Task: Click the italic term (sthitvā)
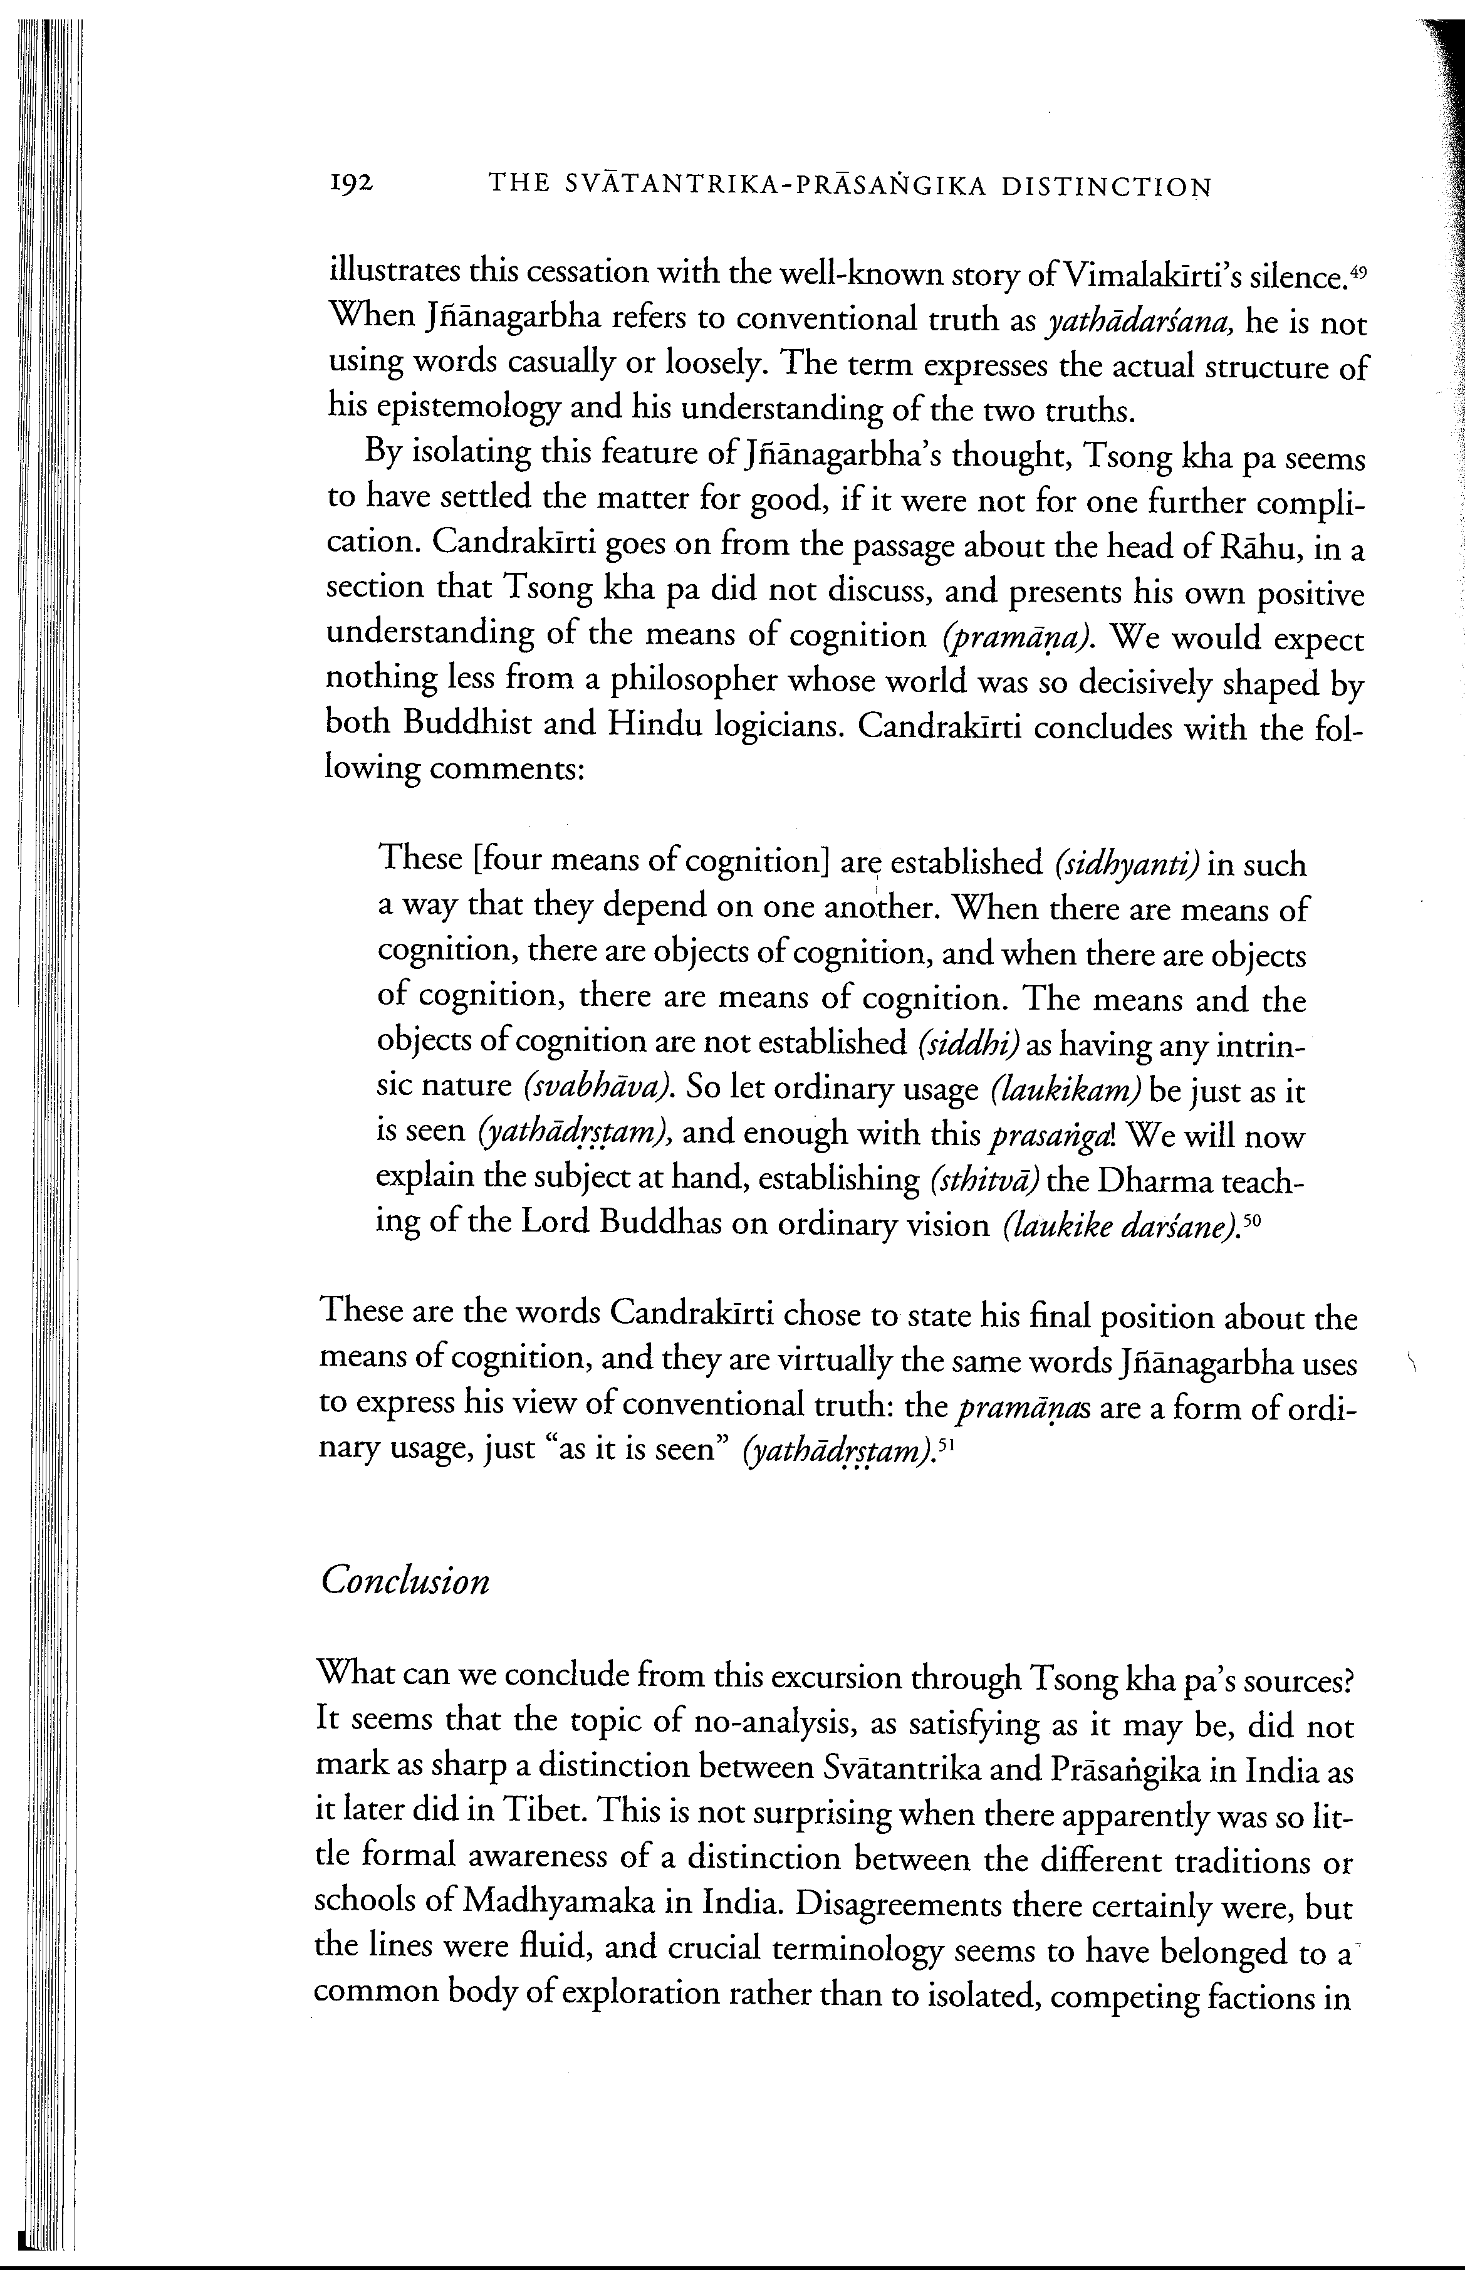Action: tap(984, 1181)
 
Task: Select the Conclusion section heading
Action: tap(405, 1581)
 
